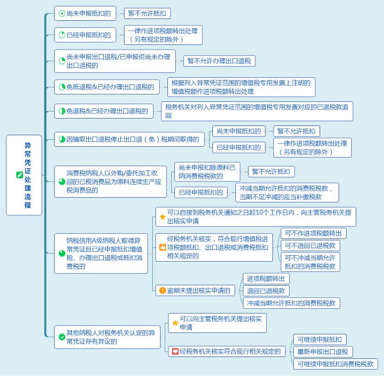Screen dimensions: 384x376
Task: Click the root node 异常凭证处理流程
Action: [x=24, y=175]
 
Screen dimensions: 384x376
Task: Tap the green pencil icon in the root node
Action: [x=19, y=175]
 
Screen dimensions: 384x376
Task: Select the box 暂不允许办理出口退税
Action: [x=219, y=61]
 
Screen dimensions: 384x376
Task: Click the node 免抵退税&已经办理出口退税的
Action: [x=107, y=87]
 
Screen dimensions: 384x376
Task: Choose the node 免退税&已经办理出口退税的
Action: [x=104, y=111]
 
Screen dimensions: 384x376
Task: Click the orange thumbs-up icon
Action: [x=162, y=247]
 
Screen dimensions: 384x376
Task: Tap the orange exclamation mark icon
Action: [x=162, y=290]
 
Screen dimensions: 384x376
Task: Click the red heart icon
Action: [x=175, y=351]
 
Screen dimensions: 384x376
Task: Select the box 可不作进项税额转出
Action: [x=314, y=233]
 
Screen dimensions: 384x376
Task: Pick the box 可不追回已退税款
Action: [x=310, y=245]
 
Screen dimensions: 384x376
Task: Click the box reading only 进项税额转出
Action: [x=266, y=279]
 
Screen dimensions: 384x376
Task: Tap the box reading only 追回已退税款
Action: [x=266, y=291]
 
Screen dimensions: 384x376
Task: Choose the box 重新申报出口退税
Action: [x=323, y=352]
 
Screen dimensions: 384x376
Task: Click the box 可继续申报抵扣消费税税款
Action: [x=335, y=364]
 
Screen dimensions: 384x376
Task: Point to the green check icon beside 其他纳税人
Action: [x=62, y=337]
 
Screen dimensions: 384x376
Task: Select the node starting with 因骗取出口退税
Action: [x=129, y=139]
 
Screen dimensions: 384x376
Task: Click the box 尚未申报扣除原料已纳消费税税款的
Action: [x=207, y=172]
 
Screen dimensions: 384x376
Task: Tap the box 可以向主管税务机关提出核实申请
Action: [x=217, y=323]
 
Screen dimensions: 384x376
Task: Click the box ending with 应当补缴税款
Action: [x=287, y=193]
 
